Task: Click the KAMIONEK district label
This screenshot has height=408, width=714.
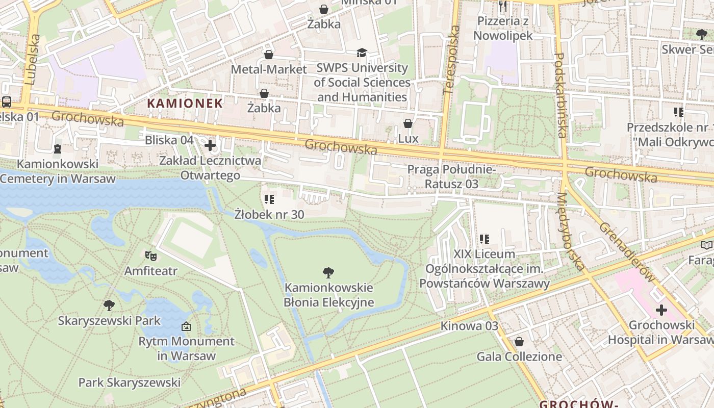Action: (x=185, y=104)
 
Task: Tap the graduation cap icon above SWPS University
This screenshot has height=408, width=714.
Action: (x=362, y=53)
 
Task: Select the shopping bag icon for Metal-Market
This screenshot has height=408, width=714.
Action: (x=269, y=55)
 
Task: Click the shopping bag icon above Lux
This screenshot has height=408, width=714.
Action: (x=407, y=123)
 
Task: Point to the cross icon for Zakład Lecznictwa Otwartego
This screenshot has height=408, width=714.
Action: (x=210, y=146)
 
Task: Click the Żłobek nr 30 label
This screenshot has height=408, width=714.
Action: (x=269, y=214)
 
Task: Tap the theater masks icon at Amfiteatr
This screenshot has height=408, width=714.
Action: (x=150, y=254)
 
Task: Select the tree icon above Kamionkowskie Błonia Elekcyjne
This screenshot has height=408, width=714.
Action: (x=328, y=273)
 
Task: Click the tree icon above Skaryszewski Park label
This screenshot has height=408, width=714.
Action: (x=109, y=305)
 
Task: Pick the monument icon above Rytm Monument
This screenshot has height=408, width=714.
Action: (x=186, y=326)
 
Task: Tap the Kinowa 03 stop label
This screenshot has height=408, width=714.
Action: (x=469, y=326)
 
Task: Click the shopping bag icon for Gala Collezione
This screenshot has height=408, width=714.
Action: (x=519, y=342)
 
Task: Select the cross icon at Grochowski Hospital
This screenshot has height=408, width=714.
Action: (x=661, y=310)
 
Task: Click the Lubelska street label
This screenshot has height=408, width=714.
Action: (x=32, y=60)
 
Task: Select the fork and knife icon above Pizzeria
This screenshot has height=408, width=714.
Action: (x=503, y=6)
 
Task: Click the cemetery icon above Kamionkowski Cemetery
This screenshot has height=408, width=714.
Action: (x=57, y=149)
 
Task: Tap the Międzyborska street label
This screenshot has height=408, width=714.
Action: (x=570, y=232)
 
